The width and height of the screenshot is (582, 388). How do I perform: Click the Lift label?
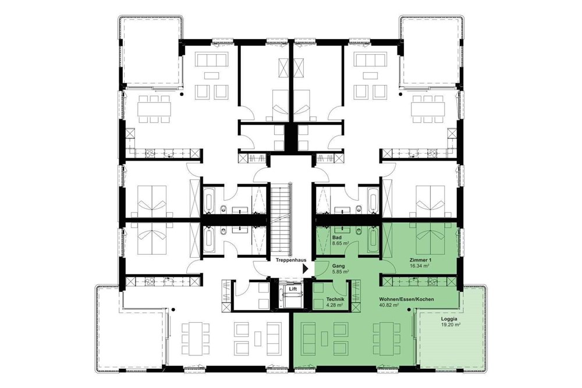[x=293, y=289]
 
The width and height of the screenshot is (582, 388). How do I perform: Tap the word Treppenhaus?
[x=290, y=261]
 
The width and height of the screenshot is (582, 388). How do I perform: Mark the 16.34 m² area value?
[x=419, y=265]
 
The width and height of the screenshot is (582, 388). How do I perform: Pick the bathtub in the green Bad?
[x=372, y=239]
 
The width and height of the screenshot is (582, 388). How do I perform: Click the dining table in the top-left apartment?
[x=152, y=109]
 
